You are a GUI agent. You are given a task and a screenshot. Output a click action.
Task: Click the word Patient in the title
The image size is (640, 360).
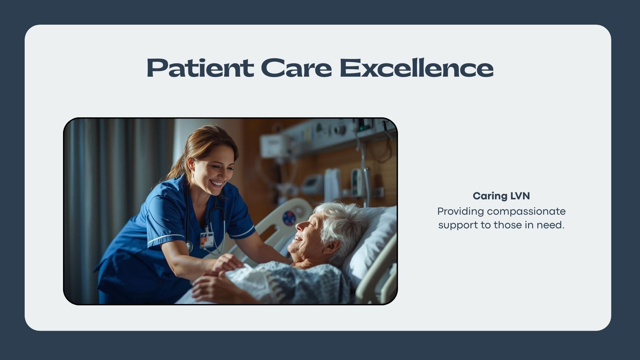pos(200,68)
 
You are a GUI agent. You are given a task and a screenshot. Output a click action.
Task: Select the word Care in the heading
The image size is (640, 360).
pos(296,68)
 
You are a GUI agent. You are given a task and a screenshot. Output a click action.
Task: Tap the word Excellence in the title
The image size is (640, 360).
pos(416,68)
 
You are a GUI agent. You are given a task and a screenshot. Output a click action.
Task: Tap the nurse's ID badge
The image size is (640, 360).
pos(207,239)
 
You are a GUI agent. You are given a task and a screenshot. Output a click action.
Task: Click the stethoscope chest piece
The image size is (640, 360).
pos(189,247)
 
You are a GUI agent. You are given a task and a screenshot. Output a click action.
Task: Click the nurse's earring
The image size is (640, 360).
pos(192,175)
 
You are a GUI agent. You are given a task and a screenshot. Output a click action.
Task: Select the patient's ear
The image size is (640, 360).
pos(331,247)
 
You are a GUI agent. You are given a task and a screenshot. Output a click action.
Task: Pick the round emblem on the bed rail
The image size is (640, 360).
pos(289,218)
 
